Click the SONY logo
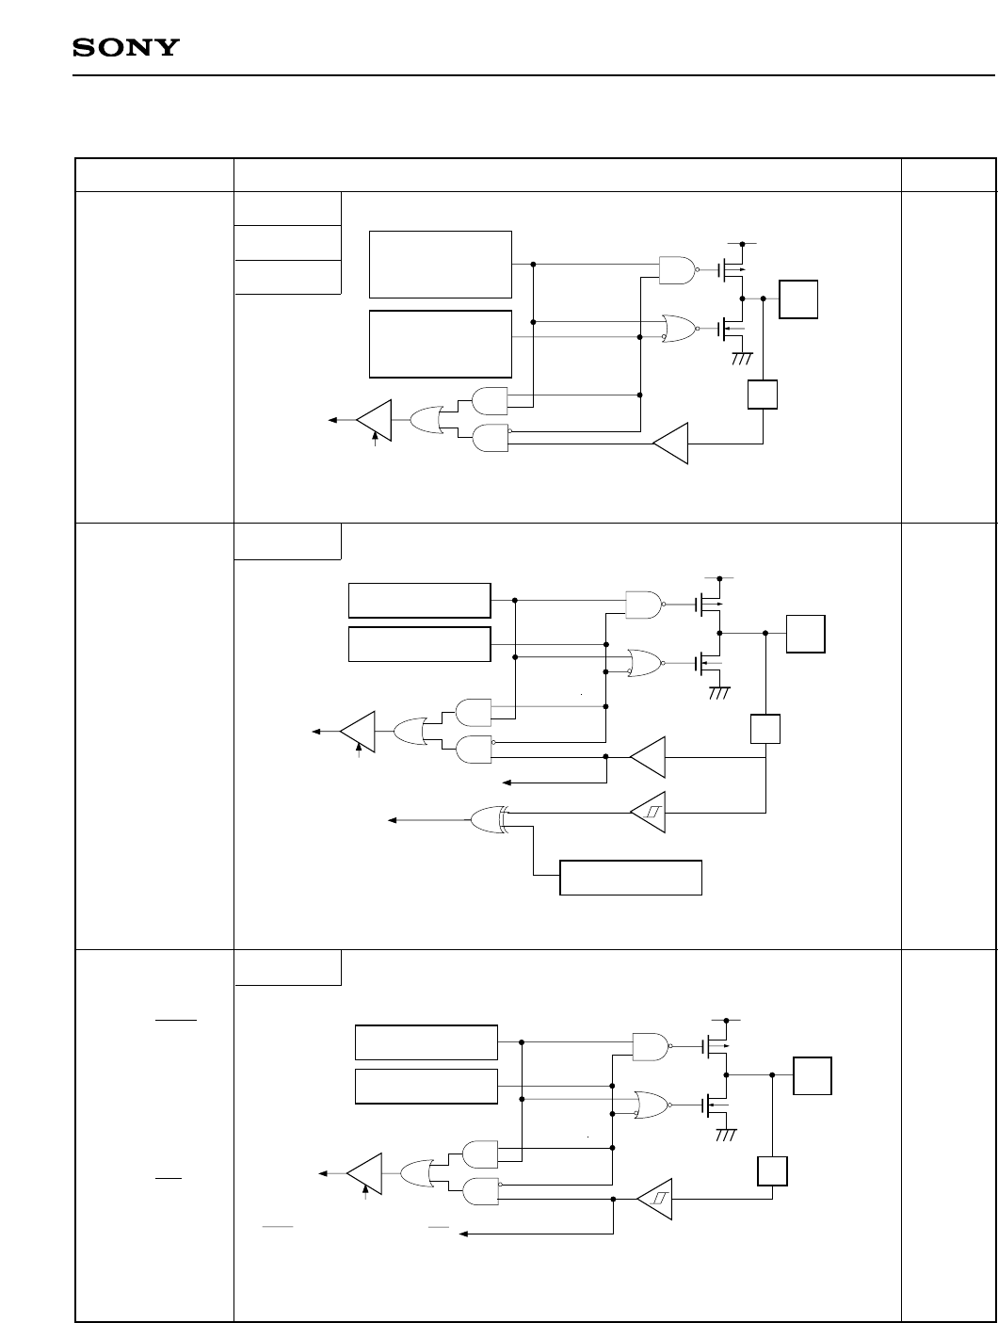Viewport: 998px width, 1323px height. click(x=126, y=48)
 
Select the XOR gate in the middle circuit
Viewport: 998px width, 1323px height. click(x=488, y=819)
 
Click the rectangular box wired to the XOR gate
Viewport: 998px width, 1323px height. click(x=631, y=877)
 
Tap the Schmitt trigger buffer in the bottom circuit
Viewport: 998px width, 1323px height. click(x=655, y=1198)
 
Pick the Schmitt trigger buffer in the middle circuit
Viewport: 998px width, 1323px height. click(x=647, y=813)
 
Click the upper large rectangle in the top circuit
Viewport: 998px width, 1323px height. click(x=441, y=264)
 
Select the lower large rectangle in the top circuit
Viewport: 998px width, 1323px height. click(x=441, y=343)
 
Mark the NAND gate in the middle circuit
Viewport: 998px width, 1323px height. click(x=643, y=605)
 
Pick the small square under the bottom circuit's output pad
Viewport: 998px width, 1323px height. click(x=772, y=1170)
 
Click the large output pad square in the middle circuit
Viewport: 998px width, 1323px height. click(x=807, y=633)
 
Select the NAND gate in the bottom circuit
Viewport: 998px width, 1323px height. click(x=651, y=1045)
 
